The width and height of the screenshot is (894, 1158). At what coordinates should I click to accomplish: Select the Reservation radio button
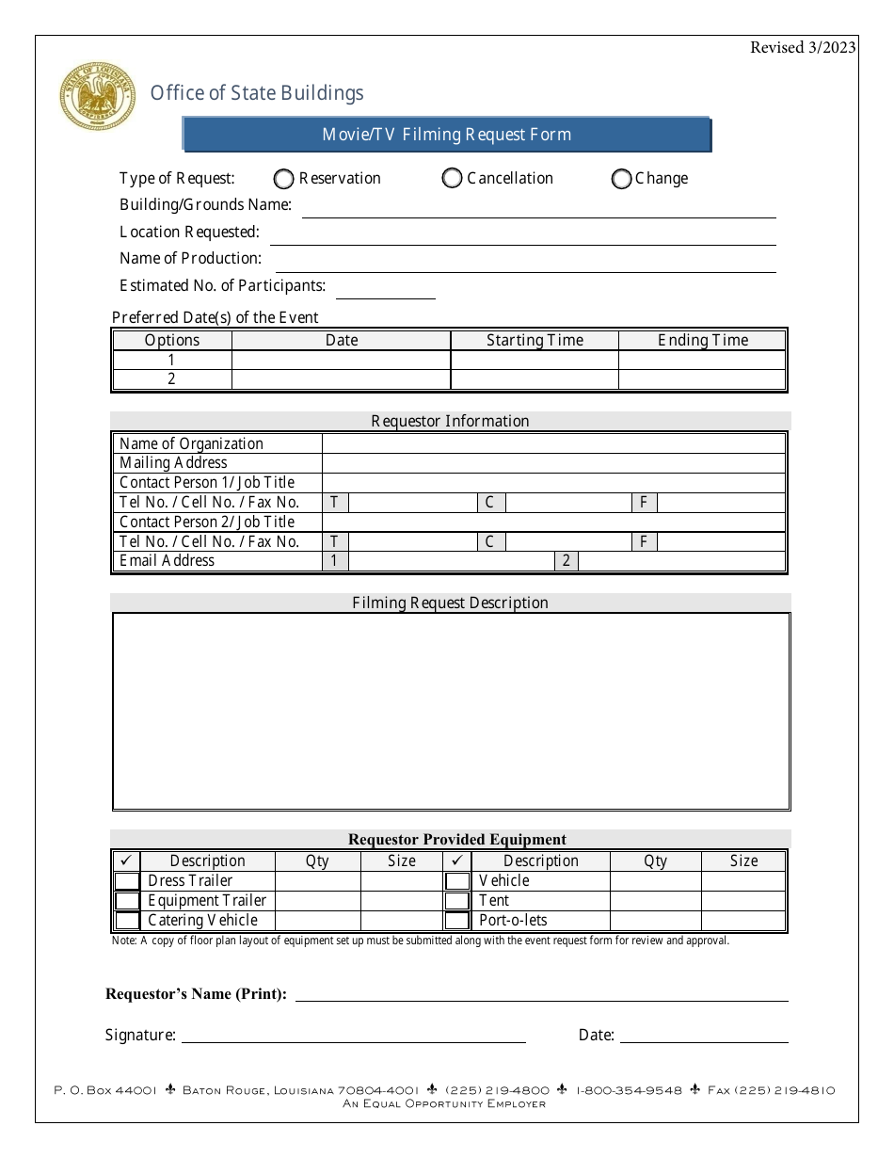pos(282,179)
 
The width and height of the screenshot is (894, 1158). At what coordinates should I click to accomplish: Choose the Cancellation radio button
pos(452,179)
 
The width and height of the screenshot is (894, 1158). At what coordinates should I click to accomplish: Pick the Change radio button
pos(621,179)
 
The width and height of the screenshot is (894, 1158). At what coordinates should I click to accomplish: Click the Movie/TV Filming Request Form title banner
pos(446,135)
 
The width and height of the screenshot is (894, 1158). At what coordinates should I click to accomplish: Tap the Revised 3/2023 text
pos(802,48)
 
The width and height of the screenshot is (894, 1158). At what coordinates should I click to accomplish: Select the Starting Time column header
pos(535,341)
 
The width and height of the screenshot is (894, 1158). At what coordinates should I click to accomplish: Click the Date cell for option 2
pos(341,379)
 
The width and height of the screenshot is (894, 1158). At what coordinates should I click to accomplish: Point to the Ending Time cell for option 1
pos(702,361)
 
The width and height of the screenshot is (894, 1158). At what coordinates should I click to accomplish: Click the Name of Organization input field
pos(553,443)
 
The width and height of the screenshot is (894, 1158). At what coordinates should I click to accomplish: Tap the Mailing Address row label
pos(173,463)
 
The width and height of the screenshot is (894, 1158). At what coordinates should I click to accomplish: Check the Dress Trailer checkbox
pos(127,881)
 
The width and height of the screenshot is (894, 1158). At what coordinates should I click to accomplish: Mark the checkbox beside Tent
pos(457,901)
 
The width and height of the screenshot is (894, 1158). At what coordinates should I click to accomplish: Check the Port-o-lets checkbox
pos(457,921)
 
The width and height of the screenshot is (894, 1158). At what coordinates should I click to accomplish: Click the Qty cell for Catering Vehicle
pos(317,921)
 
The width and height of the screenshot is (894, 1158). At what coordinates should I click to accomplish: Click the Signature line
pos(353,1035)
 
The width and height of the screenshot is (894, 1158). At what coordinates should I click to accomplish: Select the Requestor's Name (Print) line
pos(541,993)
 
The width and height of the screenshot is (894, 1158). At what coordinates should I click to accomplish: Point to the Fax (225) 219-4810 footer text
pos(771,1090)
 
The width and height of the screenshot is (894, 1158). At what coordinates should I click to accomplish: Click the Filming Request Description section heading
pos(450,603)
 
